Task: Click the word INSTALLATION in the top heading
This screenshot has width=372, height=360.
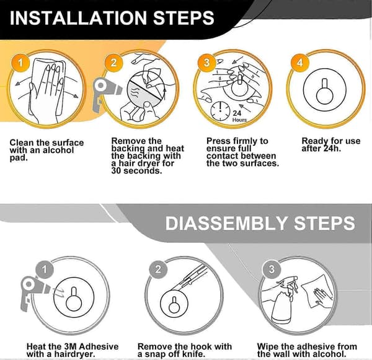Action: [x=78, y=18]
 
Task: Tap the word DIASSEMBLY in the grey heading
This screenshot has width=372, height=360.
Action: [x=226, y=223]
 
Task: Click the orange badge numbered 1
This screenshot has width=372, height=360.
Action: [x=20, y=63]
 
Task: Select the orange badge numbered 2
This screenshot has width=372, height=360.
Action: [x=113, y=63]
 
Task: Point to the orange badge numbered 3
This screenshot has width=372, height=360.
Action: [x=207, y=63]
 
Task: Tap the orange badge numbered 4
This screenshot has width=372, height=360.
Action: [x=300, y=63]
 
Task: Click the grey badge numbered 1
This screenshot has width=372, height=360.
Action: [x=45, y=270]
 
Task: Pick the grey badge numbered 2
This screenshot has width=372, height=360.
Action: [x=158, y=270]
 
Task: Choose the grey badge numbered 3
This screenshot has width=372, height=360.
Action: [x=272, y=270]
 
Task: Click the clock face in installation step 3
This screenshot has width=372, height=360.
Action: [x=220, y=111]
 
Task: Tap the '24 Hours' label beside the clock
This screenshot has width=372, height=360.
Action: [x=239, y=116]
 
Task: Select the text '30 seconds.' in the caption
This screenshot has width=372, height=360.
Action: [x=136, y=171]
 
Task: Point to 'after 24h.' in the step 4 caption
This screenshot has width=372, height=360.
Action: [x=321, y=149]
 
